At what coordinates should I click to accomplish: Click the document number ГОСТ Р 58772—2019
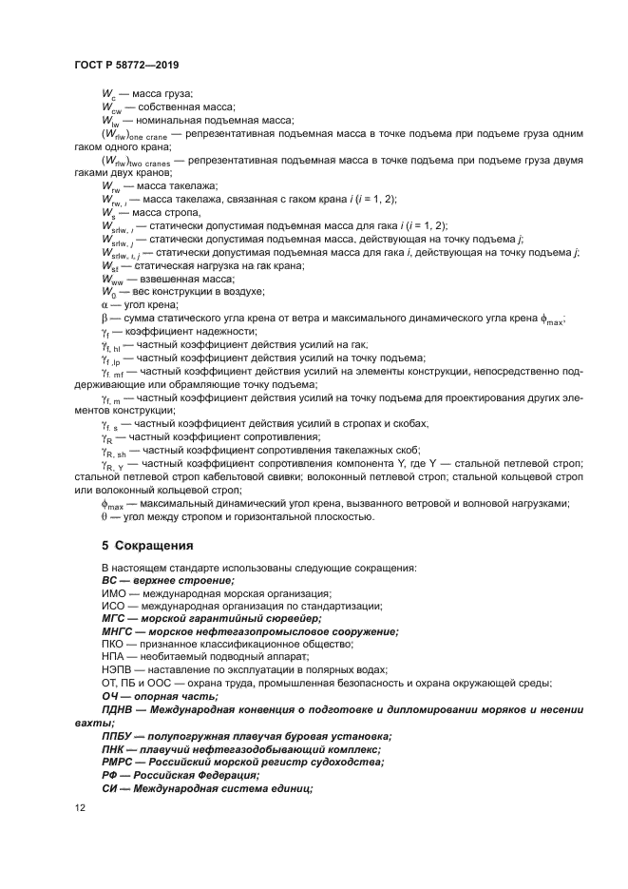125,65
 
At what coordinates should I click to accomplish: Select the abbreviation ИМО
114,592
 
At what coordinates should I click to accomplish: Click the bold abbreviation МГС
115,618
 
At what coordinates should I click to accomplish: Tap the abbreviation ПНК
115,748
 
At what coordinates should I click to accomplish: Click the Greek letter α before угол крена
105,304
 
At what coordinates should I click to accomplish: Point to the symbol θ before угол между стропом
105,516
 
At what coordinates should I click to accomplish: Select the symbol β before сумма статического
105,318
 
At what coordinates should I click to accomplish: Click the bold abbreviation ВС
111,579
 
